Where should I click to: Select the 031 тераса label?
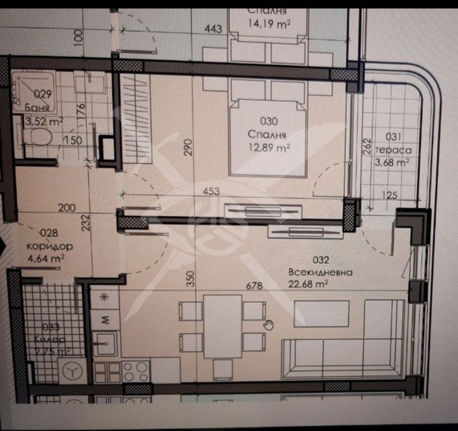pos(391,143)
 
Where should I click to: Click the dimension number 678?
pos(254,286)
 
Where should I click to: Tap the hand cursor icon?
pos(269,325)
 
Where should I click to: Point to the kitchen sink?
pos(105,343)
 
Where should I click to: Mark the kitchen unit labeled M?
pos(105,317)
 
